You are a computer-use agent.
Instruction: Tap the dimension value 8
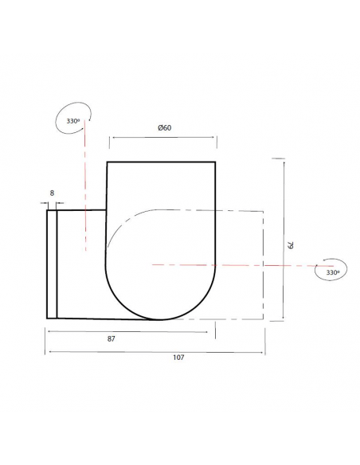52,193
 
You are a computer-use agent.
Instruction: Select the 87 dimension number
112,338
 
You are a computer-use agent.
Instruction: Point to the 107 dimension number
178,358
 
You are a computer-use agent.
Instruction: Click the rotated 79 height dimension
292,246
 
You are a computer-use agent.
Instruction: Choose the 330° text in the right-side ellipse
333,272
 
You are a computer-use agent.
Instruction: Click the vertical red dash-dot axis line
84,199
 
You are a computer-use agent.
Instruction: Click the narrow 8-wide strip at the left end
52,263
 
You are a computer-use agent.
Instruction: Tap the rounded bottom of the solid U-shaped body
162,317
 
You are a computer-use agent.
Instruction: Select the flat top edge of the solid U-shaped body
162,162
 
